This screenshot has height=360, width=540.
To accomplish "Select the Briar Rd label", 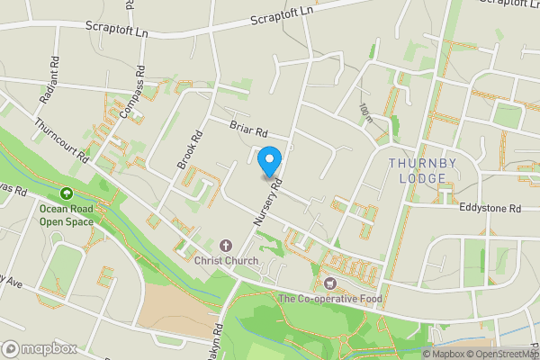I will tap(249, 131).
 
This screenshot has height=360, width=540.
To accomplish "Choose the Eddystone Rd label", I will tap(490, 208).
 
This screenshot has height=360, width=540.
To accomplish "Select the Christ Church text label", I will tap(226, 261).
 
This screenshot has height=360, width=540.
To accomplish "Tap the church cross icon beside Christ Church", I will tap(225, 245).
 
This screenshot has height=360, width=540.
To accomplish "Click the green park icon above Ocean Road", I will tap(66, 193).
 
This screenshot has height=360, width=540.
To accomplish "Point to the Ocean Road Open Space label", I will tap(66, 215).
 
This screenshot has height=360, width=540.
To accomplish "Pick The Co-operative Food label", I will tap(329, 299).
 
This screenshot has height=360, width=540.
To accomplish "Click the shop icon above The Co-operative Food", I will tap(329, 283).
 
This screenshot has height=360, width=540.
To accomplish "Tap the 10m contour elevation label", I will tap(364, 112).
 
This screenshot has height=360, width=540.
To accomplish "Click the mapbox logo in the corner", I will tap(40, 348).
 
